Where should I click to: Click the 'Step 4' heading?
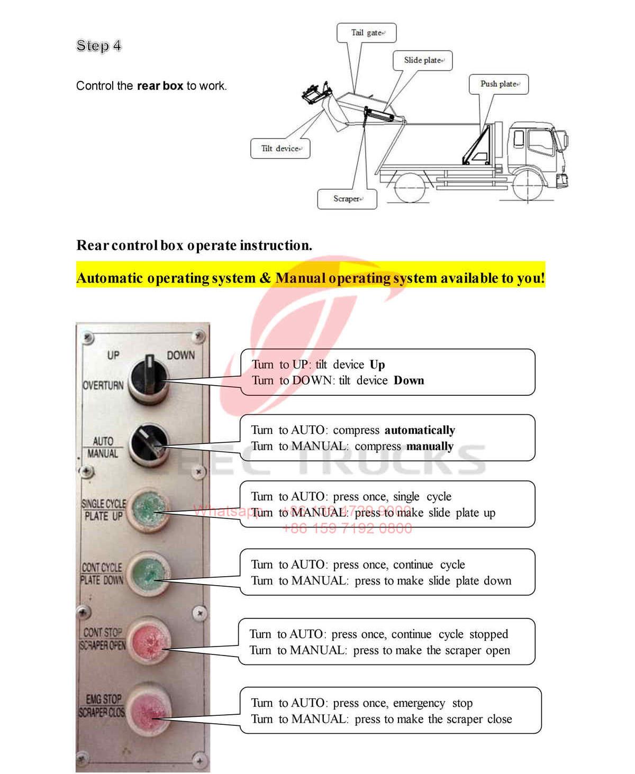pos(98,46)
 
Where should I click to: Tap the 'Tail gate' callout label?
pos(366,33)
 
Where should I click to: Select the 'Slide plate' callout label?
pos(422,60)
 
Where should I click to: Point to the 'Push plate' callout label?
pos(498,84)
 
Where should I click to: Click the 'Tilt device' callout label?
pos(280,149)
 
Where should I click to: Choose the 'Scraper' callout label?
pos(347,199)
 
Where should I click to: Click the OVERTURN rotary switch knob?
pos(149,376)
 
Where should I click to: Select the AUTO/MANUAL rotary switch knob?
pos(150,443)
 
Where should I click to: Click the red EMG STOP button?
pos(150,707)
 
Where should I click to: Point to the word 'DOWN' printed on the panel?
pos(181,356)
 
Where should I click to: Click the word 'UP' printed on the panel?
pos(113,355)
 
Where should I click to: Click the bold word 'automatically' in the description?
pos(419,430)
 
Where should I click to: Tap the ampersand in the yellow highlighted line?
pos(265,278)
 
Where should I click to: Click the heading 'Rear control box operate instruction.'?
pos(194,245)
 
